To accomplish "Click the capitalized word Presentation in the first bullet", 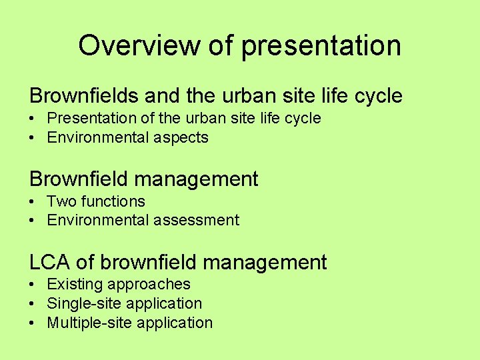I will (90, 119).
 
